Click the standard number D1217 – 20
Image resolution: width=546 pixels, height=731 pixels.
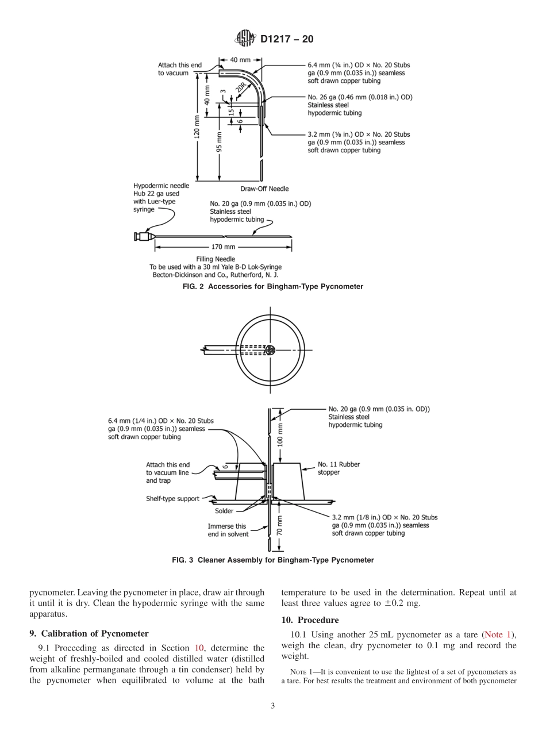coord(287,40)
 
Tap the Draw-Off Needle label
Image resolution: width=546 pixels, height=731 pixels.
coord(264,189)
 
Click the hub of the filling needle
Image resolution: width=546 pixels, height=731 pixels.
coord(142,236)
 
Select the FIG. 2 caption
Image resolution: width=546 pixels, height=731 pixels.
coord(273,286)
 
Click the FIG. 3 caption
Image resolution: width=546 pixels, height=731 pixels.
coord(273,560)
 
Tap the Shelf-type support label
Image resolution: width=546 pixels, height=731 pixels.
coord(172,499)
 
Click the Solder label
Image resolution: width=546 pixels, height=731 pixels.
coord(224,511)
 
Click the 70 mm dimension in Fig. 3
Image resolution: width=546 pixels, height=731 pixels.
coord(280,525)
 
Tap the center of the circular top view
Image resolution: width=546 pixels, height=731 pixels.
coord(271,350)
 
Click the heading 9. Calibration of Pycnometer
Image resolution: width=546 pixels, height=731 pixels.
coord(89,633)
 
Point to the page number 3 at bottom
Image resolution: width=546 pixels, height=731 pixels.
coord(273,706)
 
